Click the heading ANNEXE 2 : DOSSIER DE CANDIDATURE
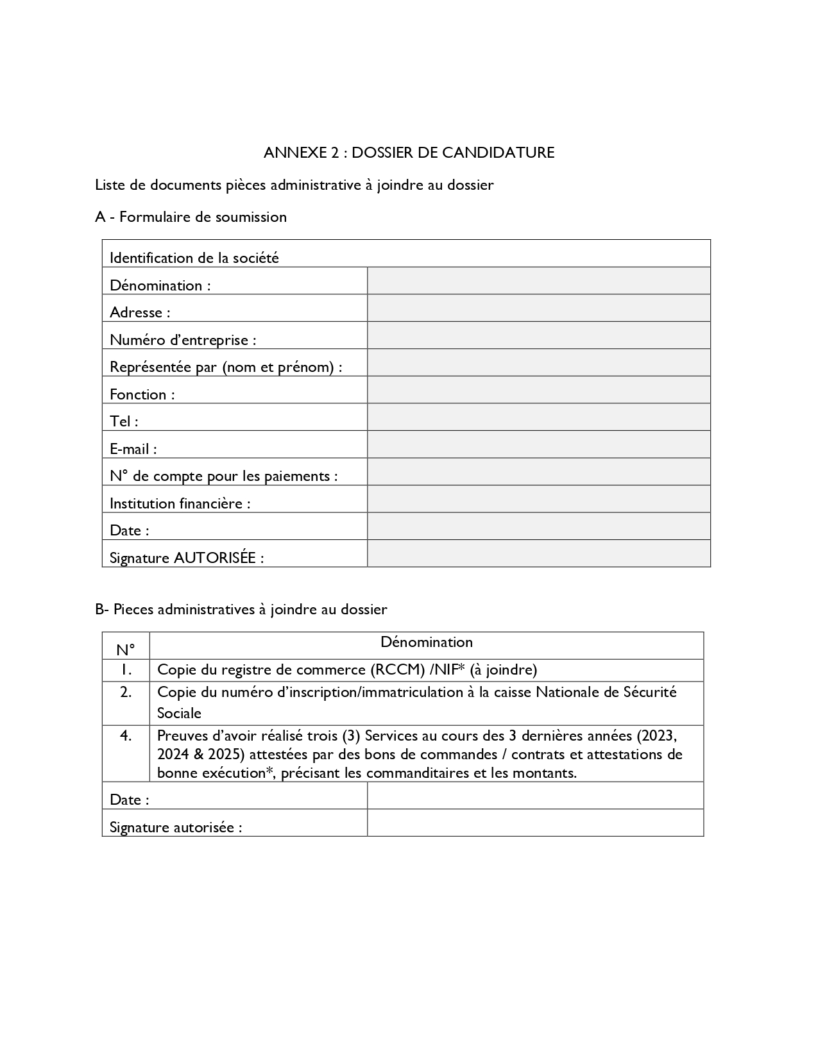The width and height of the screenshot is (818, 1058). [x=409, y=153]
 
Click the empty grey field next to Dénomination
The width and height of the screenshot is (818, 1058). [x=538, y=281]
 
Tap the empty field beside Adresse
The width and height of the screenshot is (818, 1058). [x=538, y=308]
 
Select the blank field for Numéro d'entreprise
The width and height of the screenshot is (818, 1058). [x=538, y=335]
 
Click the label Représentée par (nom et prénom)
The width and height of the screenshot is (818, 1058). [x=226, y=367]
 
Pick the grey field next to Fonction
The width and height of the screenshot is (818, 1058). [x=538, y=390]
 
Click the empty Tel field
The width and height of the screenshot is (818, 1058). [x=538, y=417]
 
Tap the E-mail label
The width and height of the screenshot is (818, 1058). [x=133, y=449]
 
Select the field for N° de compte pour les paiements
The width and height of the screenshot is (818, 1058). [x=538, y=471]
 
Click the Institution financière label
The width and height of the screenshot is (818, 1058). [x=180, y=503]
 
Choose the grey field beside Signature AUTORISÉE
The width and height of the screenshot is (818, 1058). [x=538, y=553]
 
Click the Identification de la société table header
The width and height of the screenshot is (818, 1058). [x=194, y=258]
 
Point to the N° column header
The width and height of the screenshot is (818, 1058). [x=126, y=650]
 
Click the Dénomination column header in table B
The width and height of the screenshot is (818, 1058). [x=426, y=642]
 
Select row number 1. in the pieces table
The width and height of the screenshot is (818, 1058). [x=126, y=670]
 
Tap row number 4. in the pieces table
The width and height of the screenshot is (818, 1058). [x=126, y=735]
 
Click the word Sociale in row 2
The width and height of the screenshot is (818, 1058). [x=179, y=713]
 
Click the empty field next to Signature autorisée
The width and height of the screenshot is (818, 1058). [x=535, y=823]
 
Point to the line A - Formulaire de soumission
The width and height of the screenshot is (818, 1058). [x=191, y=217]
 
